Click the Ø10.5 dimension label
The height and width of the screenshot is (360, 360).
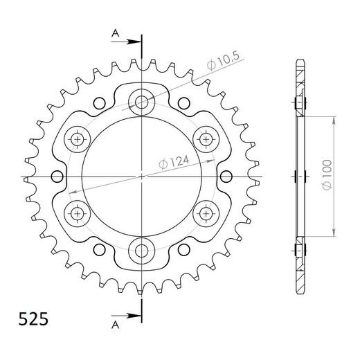coord(223,61)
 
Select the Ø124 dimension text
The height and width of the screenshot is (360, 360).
coord(174,162)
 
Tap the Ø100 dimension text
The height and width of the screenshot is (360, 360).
coord(327,174)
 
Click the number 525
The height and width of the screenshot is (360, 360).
coord(33,319)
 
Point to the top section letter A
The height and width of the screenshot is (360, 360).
coord(115,34)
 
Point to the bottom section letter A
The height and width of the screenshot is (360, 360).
coord(115,325)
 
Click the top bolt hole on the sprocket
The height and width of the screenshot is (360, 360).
coord(141,102)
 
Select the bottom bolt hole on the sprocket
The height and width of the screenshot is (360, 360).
coord(141,251)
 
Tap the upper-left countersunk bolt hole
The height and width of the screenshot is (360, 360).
coord(77,139)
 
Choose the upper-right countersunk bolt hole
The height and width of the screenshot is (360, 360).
coord(206,139)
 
